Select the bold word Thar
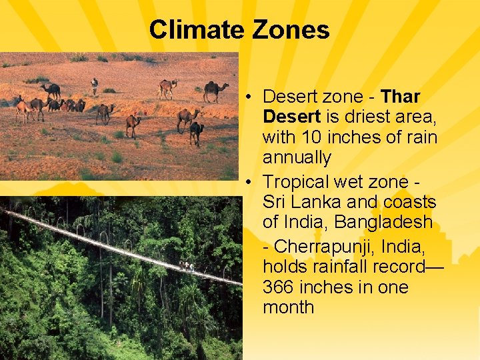point(401,97)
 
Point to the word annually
point(297,158)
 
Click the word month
point(288,307)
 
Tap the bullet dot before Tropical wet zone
point(247,182)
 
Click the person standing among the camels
point(94,85)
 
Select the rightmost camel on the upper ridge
point(215,91)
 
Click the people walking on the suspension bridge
point(187,267)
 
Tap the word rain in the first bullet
point(420,138)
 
